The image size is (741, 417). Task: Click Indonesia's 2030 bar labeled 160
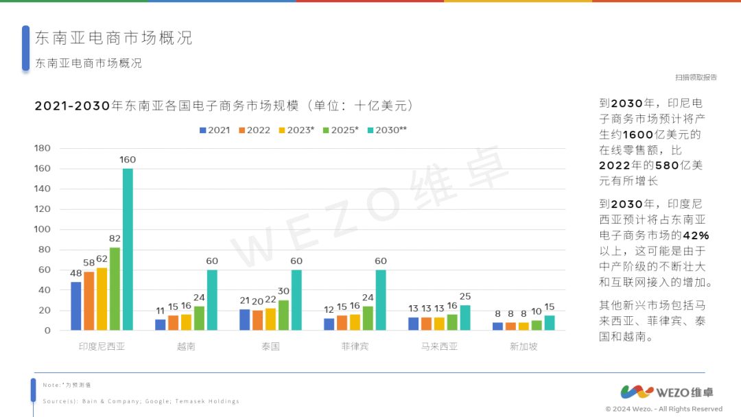[x=128, y=249]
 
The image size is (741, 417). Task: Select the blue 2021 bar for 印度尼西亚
[x=75, y=306]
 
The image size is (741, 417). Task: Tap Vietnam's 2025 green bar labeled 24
[x=199, y=318]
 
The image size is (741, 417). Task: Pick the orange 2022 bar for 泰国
[x=257, y=320]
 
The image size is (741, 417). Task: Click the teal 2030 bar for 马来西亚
[x=465, y=318]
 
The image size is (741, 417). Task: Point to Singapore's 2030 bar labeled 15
[x=550, y=323]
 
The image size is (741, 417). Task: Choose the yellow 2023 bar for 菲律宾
[x=355, y=322]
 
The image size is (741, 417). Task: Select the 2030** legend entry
[x=387, y=130]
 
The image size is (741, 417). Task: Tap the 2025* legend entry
[x=340, y=130]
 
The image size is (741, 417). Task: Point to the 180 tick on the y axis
[x=43, y=148]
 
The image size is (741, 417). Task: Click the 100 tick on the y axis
[x=43, y=229]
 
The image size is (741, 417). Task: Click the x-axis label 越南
[x=186, y=346]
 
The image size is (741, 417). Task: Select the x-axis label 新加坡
[x=524, y=346]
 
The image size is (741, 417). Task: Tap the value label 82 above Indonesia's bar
[x=115, y=239]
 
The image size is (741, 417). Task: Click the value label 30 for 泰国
[x=283, y=291]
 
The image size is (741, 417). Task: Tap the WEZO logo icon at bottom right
[x=637, y=392]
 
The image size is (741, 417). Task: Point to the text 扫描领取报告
[x=695, y=78]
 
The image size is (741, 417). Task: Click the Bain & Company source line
[x=141, y=401]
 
